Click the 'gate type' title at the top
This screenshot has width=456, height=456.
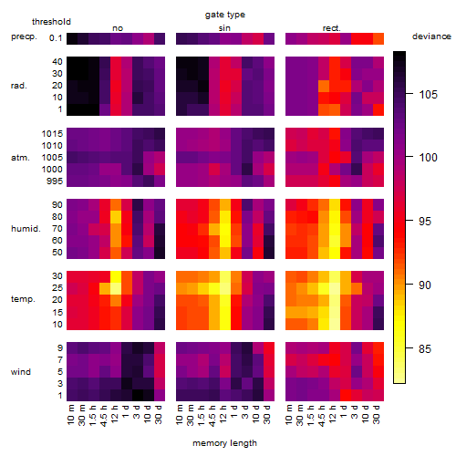coord(225,15)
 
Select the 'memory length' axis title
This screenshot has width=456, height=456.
coord(225,443)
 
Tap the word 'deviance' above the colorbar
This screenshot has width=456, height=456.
coord(431,36)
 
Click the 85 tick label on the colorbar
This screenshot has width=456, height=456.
coord(425,348)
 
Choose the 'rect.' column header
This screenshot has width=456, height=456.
coord(332,28)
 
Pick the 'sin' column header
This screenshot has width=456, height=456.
coord(224,28)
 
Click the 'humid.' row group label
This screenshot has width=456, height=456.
coord(26,228)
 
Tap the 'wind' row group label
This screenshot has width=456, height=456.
coord(21,372)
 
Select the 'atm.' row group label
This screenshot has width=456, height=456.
coord(20,158)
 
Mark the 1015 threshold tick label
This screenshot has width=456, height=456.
coord(52,133)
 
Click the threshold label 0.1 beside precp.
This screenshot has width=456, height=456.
coord(56,38)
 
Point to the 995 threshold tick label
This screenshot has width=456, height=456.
coord(55,181)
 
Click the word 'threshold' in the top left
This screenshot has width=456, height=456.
coord(51,22)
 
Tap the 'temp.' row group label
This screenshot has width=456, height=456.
coord(23,299)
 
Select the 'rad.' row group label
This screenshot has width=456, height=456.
coord(19,86)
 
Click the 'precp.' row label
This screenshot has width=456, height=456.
coord(24,36)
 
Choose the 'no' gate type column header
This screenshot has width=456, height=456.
coord(118,28)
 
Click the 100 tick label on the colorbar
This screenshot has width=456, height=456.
coord(428,158)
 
